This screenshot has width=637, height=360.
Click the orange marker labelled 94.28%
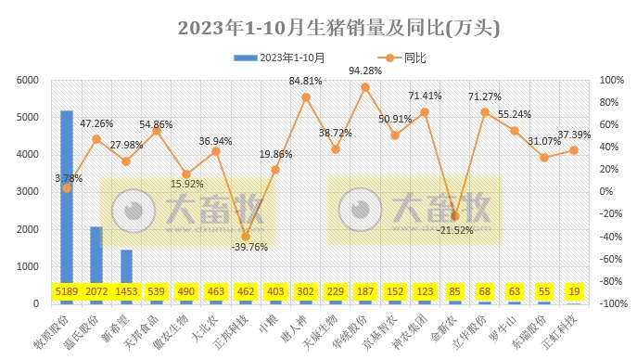(x=365, y=87)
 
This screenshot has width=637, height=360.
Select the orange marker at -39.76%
(x=246, y=237)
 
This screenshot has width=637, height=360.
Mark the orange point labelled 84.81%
(x=306, y=97)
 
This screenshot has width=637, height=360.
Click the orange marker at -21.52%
(x=454, y=216)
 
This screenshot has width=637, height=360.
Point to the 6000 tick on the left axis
(x=27, y=81)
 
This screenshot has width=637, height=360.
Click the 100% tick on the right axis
(x=611, y=81)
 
